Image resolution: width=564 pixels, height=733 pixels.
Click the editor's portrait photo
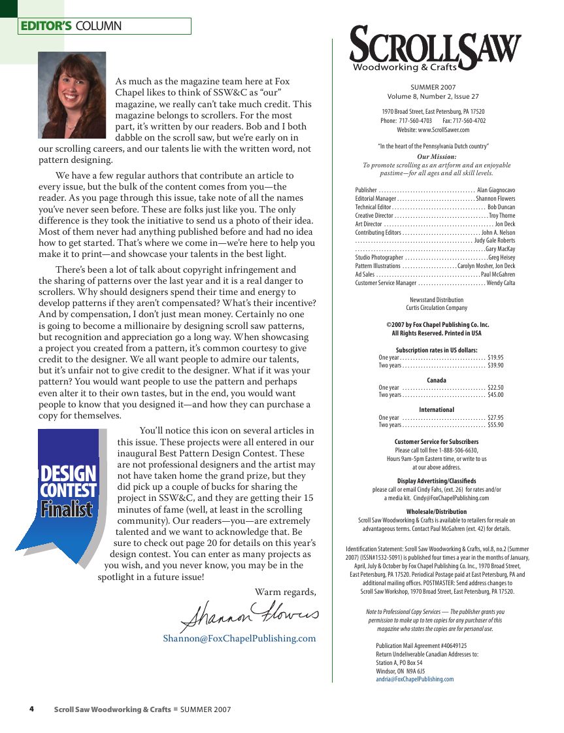coord(72,95)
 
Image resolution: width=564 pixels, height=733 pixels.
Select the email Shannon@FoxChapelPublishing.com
coord(239,638)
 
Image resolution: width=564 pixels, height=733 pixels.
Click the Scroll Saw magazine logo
coord(435,49)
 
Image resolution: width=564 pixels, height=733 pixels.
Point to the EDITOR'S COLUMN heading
coord(71,26)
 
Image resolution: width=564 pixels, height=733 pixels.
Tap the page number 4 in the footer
coord(31,709)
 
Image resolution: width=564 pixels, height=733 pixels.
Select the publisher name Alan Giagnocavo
coord(496,190)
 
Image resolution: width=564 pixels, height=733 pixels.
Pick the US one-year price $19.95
coord(495,358)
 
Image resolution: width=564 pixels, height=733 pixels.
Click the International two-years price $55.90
coord(495,425)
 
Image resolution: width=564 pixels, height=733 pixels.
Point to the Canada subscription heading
coord(437,380)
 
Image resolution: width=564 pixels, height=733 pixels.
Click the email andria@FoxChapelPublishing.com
coord(414,679)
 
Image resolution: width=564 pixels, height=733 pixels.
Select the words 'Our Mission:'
coord(437,157)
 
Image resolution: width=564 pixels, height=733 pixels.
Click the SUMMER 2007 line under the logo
coord(433,87)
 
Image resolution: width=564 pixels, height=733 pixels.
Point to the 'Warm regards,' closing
coord(285,592)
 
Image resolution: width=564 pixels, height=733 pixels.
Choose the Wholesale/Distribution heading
coord(437,512)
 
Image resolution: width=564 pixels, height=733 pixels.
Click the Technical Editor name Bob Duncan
coord(501,207)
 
